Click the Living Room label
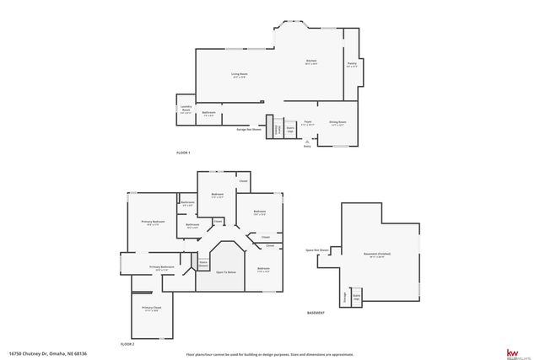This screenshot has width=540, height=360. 240,74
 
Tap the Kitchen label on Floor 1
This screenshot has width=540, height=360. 310,62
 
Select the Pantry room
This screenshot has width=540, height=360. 352,65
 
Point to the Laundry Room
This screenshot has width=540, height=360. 186,110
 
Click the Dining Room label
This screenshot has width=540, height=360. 337,123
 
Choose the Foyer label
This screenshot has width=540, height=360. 309,123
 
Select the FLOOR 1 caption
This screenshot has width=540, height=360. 183,153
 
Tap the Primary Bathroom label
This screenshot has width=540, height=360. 162,267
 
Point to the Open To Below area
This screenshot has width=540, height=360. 226,272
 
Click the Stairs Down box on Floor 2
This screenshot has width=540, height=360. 202,264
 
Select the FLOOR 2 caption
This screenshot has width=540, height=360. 127,344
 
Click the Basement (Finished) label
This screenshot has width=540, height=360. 377,254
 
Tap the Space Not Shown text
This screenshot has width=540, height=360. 318,250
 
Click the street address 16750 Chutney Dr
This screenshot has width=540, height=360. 48,353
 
